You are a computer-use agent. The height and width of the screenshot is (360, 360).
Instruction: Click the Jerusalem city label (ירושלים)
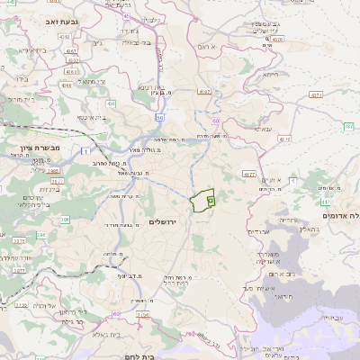point(187,220)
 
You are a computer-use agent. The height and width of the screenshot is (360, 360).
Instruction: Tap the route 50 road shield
point(160,116)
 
